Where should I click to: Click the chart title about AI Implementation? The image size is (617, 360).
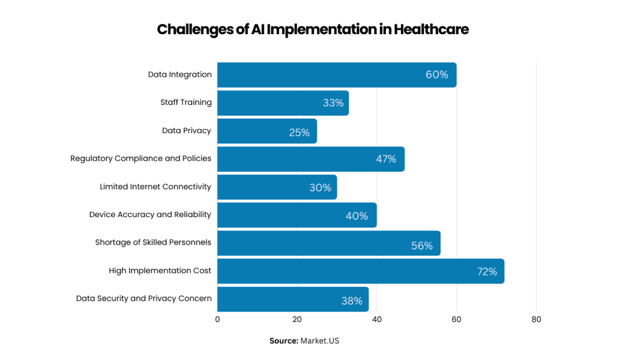point(312,29)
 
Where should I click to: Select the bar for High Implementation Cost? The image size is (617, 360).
point(360,271)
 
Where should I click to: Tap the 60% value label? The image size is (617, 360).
point(436,75)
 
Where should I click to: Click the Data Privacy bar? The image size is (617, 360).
point(266,131)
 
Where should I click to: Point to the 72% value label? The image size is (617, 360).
point(487,272)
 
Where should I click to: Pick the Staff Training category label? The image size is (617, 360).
point(185,103)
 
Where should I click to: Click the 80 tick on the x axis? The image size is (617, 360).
point(536,320)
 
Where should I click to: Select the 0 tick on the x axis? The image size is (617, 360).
point(217,320)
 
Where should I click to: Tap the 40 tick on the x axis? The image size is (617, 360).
point(377,320)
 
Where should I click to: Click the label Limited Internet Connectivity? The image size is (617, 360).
point(155,187)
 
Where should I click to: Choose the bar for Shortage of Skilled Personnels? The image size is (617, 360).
point(328,243)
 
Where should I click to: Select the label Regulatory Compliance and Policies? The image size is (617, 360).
point(140,158)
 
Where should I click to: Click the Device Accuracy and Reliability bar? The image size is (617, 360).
point(296,215)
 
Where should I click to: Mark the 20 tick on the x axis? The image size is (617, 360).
point(297,320)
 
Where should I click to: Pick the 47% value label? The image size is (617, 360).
point(386,159)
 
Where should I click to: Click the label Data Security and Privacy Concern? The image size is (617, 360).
point(143,299)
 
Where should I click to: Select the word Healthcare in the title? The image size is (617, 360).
point(431,29)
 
